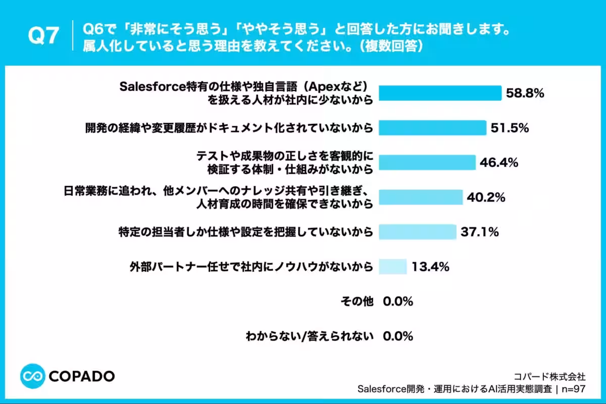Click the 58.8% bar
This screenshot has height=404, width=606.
click(440, 93)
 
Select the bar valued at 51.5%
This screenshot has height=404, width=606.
click(433, 128)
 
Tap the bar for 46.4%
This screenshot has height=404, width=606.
click(427, 163)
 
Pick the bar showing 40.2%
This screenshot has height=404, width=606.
click(421, 197)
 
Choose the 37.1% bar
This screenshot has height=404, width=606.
click(418, 232)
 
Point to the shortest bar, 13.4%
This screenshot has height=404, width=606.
click(392, 267)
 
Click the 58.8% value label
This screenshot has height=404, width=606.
click(525, 93)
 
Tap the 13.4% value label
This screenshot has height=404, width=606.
click(430, 267)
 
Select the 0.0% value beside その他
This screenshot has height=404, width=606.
click(398, 301)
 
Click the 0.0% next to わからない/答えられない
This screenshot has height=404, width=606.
click(398, 336)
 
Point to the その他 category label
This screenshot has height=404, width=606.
click(357, 301)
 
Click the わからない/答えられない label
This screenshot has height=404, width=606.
click(310, 336)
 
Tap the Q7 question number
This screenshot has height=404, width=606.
click(43, 35)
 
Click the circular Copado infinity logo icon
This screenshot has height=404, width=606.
click(33, 376)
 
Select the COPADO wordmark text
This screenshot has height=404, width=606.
click(82, 376)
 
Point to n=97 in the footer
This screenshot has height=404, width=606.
click(574, 389)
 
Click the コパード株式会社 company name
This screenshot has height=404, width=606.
click(549, 376)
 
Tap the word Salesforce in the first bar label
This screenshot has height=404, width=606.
click(153, 86)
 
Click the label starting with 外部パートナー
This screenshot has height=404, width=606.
click(251, 267)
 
